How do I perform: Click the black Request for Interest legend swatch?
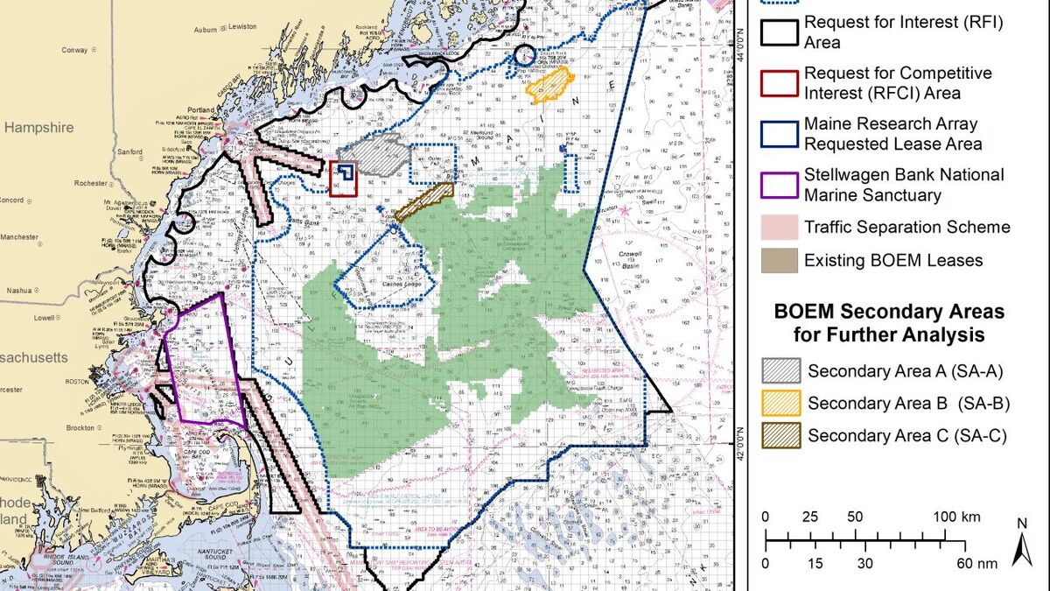coord(780,32)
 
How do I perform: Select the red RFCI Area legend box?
coord(780,82)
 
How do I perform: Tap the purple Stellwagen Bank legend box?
coord(780,185)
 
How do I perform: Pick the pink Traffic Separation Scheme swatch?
coord(780,228)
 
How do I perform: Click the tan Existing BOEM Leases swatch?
coord(780,260)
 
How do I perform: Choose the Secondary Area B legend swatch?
coord(780,403)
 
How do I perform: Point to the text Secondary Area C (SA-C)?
coord(894,435)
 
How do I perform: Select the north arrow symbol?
coord(1018,543)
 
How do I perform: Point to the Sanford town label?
coord(129,151)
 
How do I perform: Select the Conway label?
coord(75,50)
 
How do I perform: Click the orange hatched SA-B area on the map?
coord(549,86)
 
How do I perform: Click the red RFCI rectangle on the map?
coord(343,178)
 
